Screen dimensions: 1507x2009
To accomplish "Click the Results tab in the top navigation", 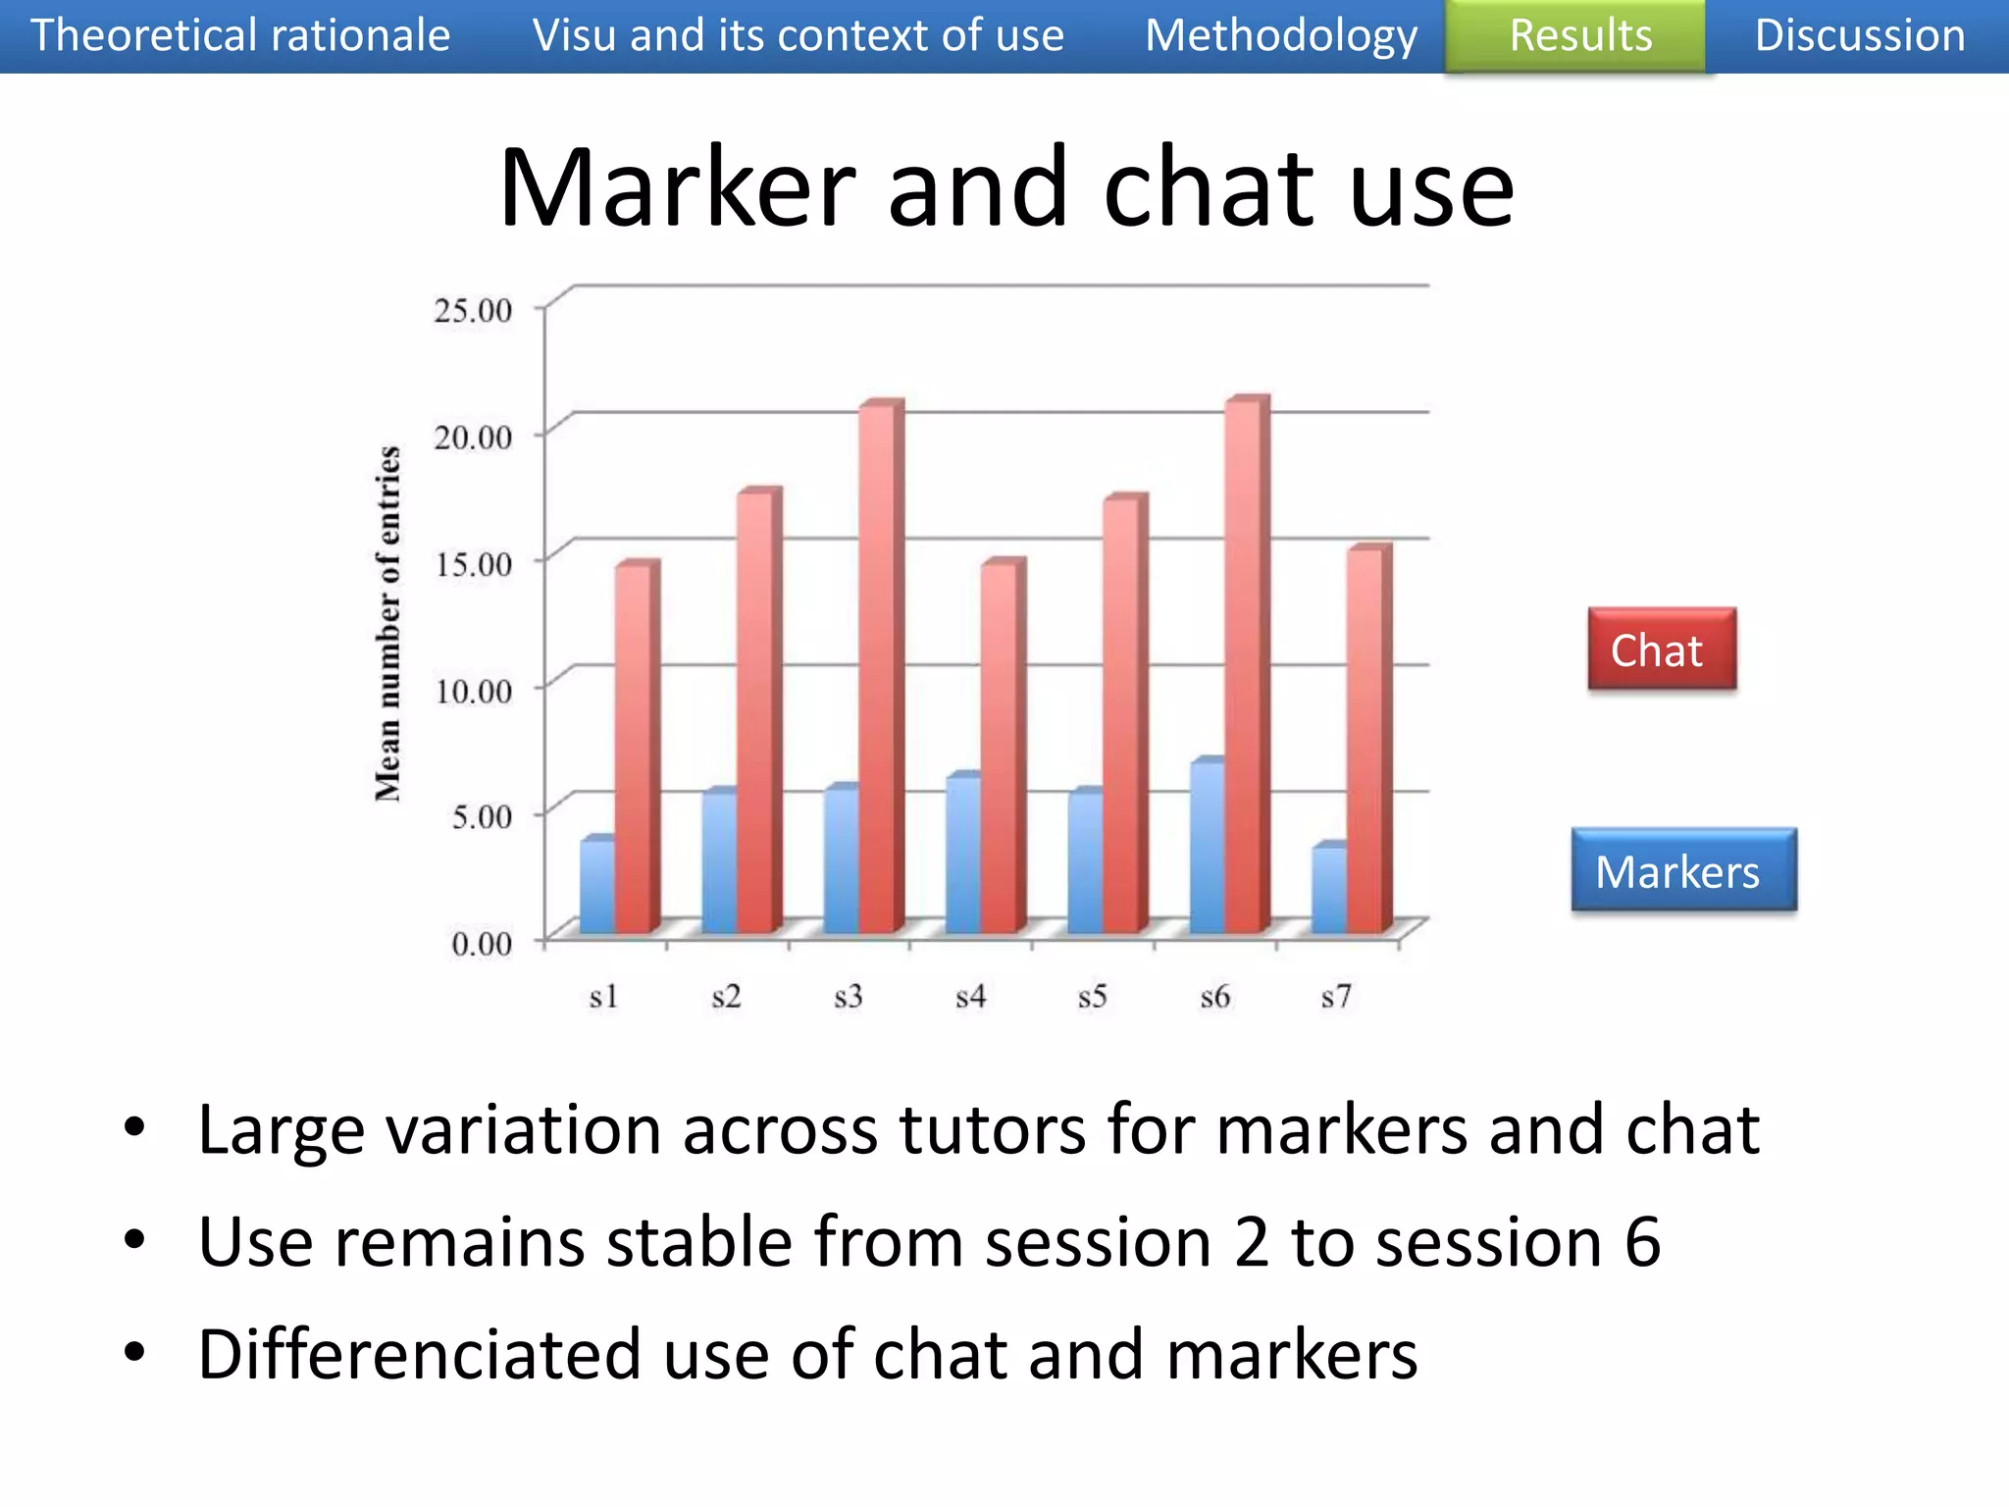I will [x=1579, y=36].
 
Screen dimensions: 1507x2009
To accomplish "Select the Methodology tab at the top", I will [x=1280, y=36].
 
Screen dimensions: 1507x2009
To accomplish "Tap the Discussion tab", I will [x=1859, y=36].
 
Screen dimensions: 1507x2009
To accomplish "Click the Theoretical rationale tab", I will [x=240, y=36].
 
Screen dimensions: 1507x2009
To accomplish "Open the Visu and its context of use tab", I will [x=798, y=36].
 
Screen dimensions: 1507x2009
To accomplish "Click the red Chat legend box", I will [x=1661, y=650].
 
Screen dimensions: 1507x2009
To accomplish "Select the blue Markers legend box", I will [x=1682, y=871].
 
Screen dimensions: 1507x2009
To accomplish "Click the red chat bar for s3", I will [x=877, y=667].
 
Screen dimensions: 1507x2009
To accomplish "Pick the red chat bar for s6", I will [x=1243, y=667].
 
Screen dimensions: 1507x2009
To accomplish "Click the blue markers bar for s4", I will [x=962, y=854].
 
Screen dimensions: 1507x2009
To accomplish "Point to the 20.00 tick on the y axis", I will [x=474, y=437].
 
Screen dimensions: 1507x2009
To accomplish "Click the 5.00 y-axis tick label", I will [x=482, y=816].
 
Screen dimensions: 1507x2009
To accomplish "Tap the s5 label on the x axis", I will [x=1092, y=998].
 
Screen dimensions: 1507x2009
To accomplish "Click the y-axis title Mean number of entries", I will [x=388, y=623].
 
